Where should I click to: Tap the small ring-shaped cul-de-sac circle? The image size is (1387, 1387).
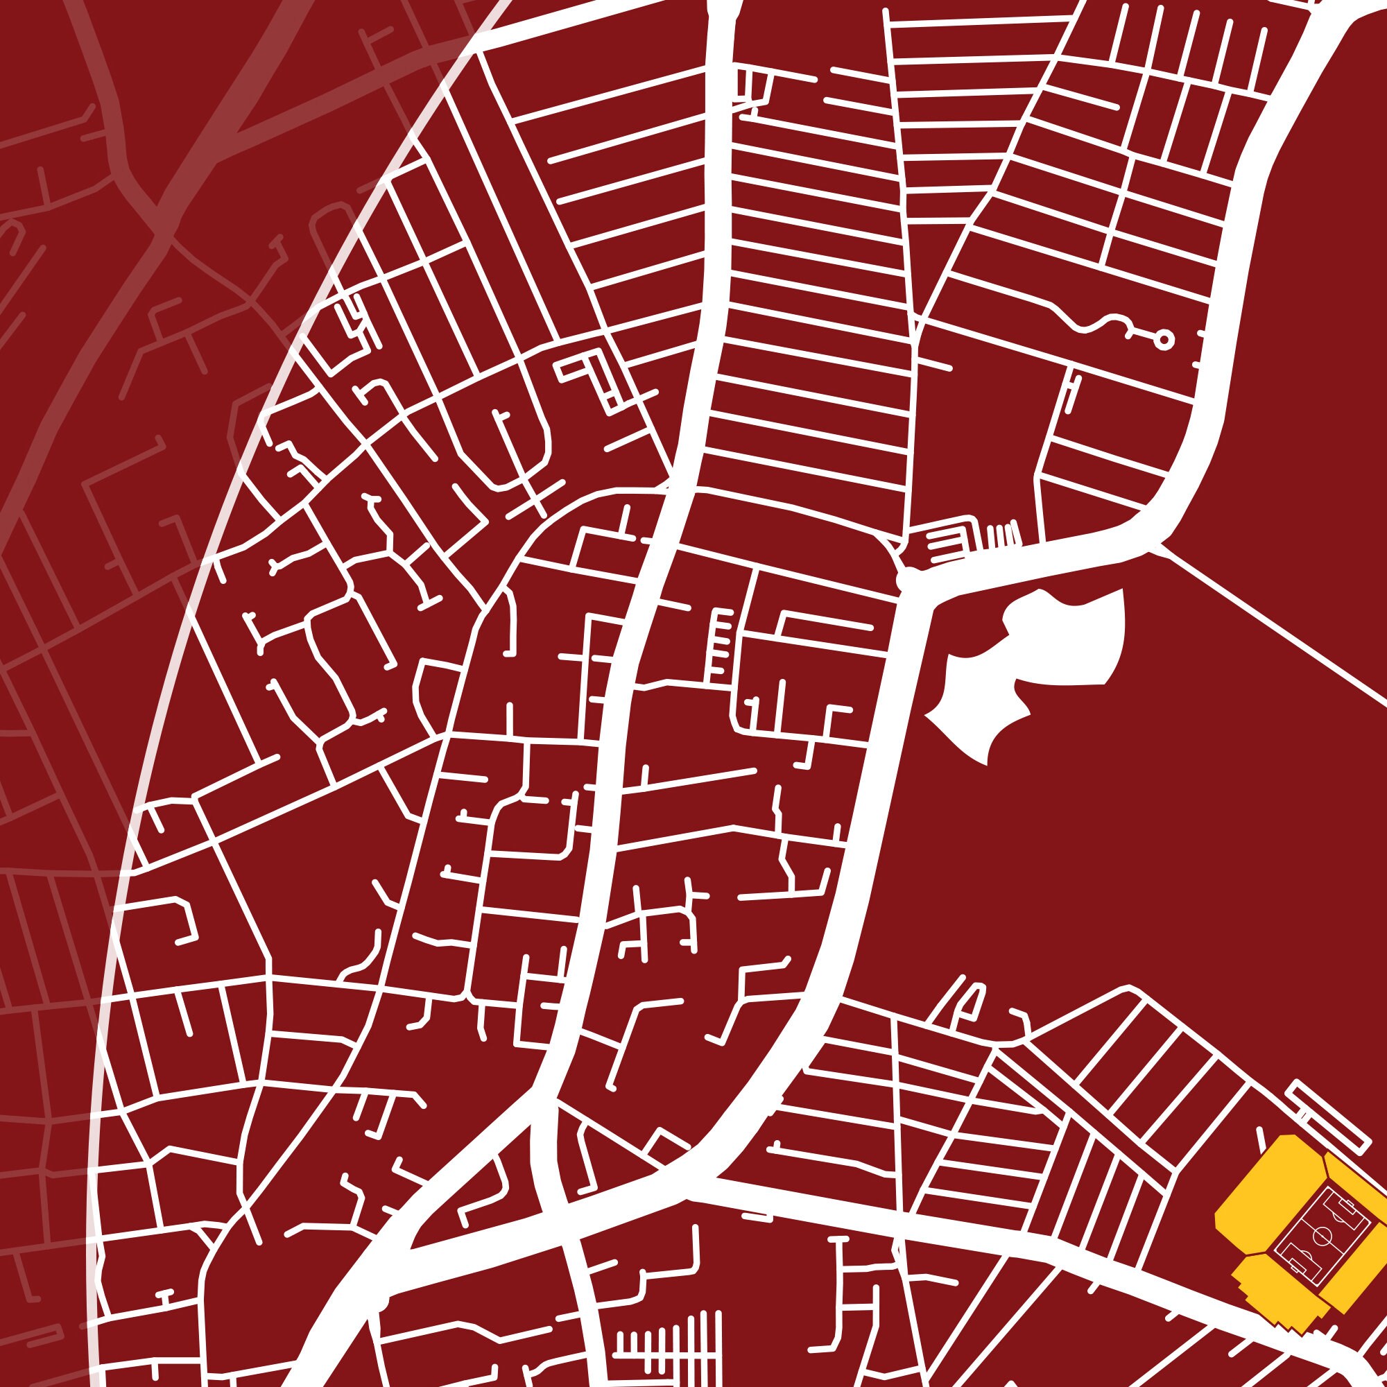coord(1164,340)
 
